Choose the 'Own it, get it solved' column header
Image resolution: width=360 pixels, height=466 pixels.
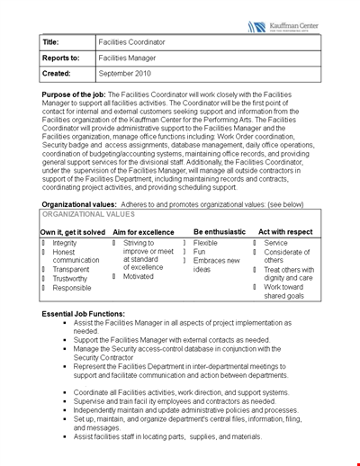[72, 231]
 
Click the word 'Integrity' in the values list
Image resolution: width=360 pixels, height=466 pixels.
[65, 243]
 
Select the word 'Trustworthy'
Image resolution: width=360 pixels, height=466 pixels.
[70, 279]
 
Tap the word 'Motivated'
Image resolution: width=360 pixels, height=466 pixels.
[139, 276]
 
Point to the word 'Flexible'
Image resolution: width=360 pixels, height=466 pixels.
[205, 243]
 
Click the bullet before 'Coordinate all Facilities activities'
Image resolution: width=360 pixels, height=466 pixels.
[66, 393]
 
